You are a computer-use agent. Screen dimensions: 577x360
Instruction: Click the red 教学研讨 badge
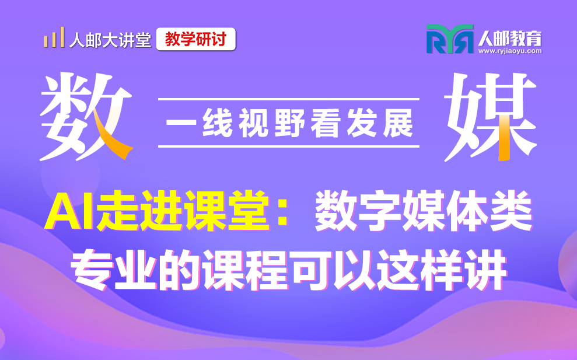196,39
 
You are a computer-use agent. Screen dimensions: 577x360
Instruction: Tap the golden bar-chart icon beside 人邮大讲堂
54,37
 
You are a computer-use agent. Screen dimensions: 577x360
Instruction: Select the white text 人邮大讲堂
110,40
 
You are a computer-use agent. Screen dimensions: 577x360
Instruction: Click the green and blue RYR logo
450,39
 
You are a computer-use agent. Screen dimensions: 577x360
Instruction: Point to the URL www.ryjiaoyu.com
510,51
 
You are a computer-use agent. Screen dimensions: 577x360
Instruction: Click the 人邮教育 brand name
510,39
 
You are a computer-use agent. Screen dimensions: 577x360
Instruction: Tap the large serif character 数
86,116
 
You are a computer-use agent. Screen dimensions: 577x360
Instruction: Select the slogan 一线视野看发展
289,123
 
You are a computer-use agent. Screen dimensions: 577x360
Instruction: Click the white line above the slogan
289,99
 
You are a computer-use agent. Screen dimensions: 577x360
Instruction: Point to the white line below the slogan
289,146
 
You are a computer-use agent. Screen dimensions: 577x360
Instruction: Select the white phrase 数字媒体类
423,211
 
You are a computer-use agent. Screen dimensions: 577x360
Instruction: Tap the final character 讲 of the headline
485,270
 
